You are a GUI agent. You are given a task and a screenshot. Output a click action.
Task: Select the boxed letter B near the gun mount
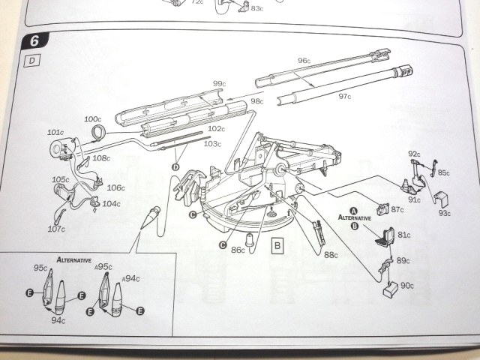[277, 244]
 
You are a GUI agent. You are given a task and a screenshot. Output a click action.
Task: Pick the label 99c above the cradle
[219, 83]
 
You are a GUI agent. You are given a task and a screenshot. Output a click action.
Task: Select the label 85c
[444, 172]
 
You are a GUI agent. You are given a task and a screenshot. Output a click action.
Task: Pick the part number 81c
[405, 234]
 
